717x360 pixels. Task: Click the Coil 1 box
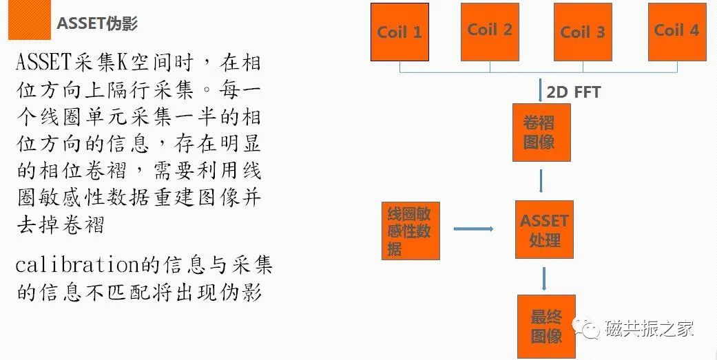[399, 32]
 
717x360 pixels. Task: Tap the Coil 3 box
[583, 32]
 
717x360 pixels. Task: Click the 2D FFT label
[574, 92]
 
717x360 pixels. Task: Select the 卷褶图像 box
[541, 133]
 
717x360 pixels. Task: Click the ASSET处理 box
[544, 230]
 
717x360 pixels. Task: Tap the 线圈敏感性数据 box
[411, 231]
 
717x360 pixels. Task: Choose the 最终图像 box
[546, 327]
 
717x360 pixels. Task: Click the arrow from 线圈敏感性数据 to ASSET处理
[473, 229]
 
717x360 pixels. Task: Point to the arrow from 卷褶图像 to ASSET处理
[541, 180]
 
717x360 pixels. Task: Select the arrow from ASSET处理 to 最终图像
[544, 277]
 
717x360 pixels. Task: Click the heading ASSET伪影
[97, 23]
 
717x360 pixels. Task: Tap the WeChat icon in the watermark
[590, 330]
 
